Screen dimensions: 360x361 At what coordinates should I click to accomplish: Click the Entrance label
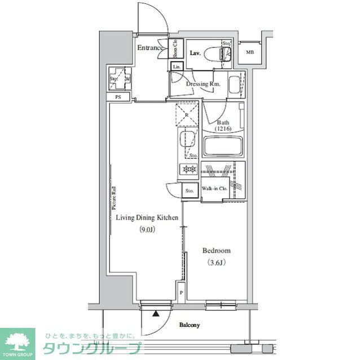coord(150,48)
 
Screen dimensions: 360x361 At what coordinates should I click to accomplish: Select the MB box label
coord(249,52)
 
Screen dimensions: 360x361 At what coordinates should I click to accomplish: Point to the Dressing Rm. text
coord(203,84)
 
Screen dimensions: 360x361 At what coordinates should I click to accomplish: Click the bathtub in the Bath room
coord(223,147)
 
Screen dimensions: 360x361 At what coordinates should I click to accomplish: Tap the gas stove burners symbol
coord(188,168)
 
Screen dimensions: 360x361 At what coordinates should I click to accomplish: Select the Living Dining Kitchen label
coord(147,217)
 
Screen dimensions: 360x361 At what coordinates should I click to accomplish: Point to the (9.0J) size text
coord(147,229)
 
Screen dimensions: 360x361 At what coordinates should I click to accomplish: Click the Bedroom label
coord(217,251)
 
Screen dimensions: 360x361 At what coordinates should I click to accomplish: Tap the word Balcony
coord(191,325)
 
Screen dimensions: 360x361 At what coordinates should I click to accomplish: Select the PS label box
coord(118,97)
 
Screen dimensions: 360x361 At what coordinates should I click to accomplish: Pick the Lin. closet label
coord(177,68)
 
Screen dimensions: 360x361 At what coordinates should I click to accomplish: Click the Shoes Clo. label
coord(175,49)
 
